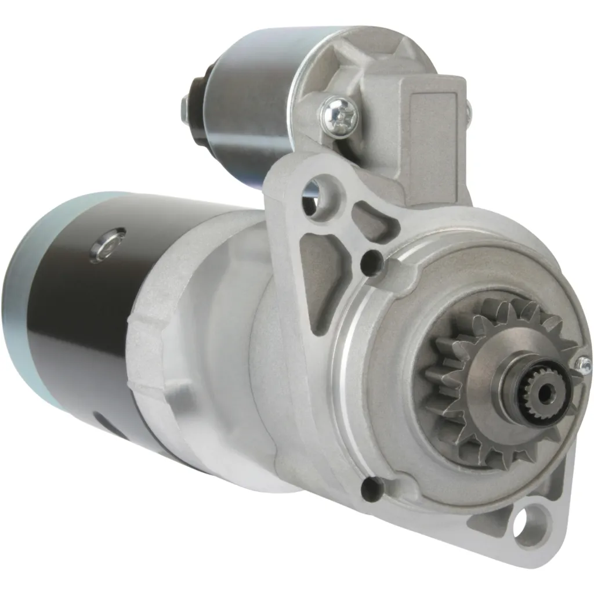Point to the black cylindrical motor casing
pyautogui.click(x=75, y=325)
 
